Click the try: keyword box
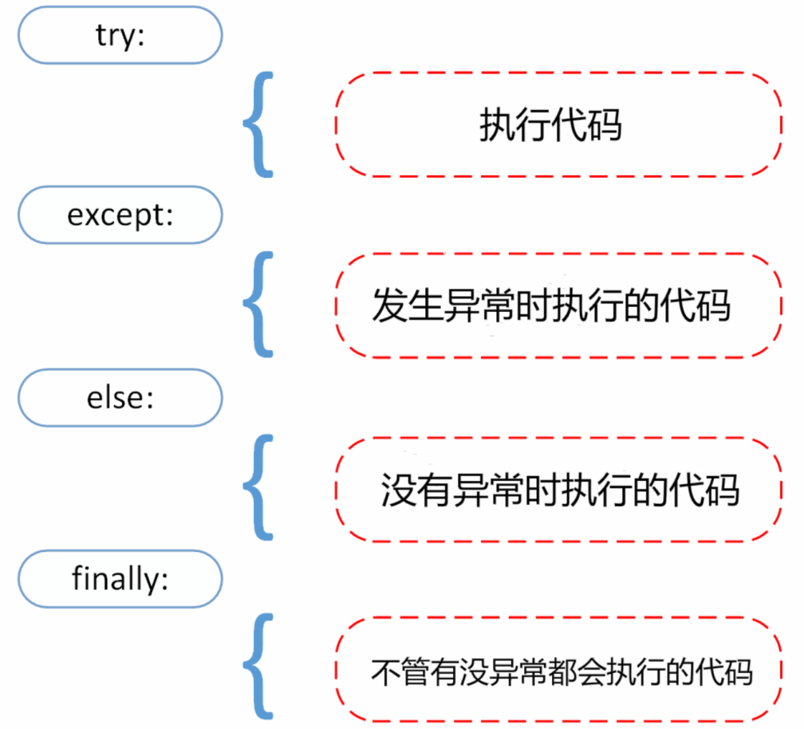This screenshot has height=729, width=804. tap(120, 36)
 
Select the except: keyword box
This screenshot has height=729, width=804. tap(120, 215)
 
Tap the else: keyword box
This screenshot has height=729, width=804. tap(120, 397)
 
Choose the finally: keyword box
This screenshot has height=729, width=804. tap(120, 577)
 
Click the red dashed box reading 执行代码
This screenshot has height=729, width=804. tap(558, 124)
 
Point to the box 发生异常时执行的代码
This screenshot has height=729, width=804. tap(558, 305)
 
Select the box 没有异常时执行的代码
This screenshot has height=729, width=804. tap(558, 488)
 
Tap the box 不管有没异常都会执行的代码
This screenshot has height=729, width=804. tap(558, 669)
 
